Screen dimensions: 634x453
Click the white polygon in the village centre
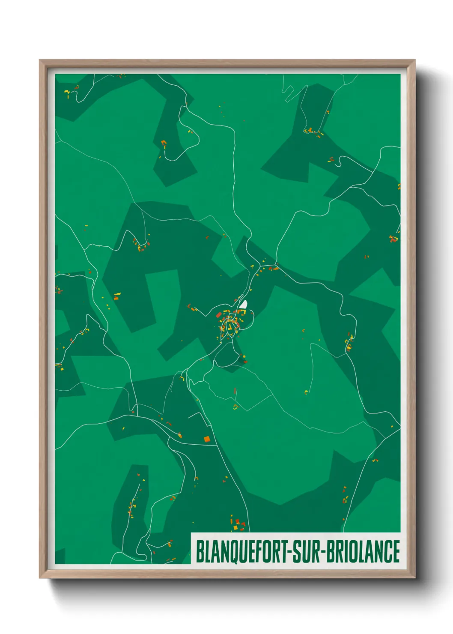pyautogui.click(x=244, y=304)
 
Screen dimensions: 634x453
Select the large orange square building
pyautogui.click(x=207, y=439)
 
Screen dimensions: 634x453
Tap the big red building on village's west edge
pyautogui.click(x=218, y=315)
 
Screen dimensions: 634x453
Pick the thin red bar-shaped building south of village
pyautogui.click(x=235, y=391)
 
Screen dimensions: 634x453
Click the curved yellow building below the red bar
pyautogui.click(x=235, y=407)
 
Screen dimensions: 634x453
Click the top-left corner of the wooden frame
pyautogui.click(x=40, y=60)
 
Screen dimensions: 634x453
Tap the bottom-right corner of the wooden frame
pyautogui.click(x=414, y=578)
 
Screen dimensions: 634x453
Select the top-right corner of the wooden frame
pyautogui.click(x=414, y=60)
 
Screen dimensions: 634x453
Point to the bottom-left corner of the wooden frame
pyautogui.click(x=40, y=578)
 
